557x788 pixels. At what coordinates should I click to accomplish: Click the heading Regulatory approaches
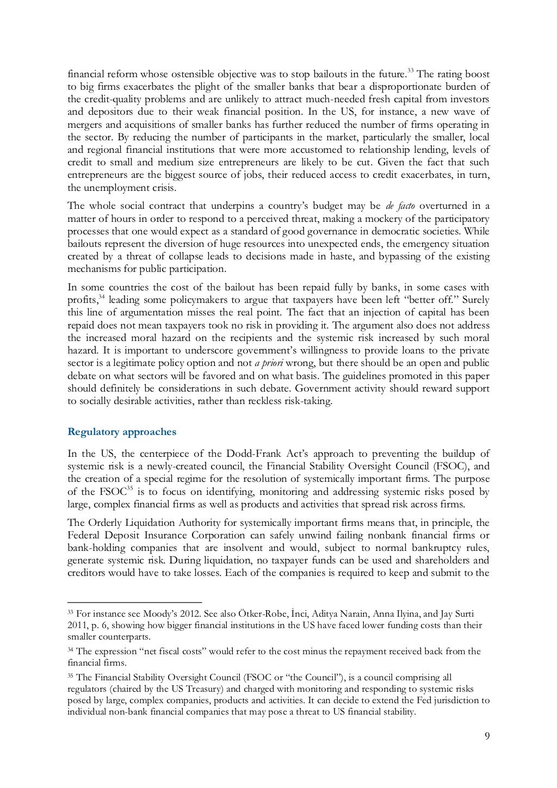tap(122, 432)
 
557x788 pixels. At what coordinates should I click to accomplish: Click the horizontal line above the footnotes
tap(134, 603)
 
